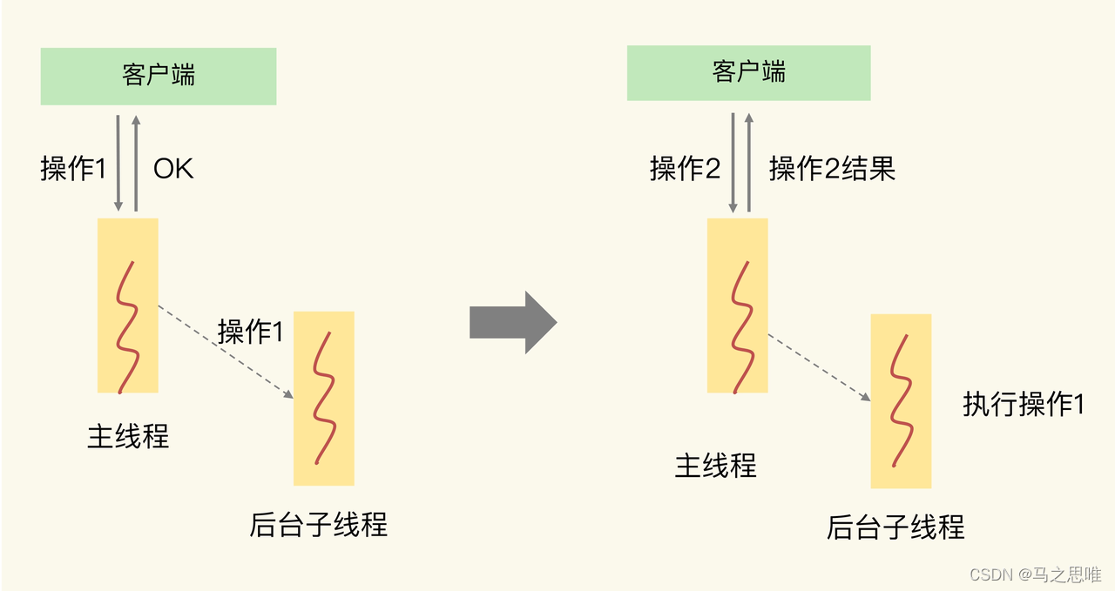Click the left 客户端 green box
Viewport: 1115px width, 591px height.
[x=159, y=77]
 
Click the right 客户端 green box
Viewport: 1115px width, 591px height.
[x=748, y=72]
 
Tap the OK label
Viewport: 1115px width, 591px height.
[x=173, y=168]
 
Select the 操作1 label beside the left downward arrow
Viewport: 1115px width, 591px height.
[x=73, y=168]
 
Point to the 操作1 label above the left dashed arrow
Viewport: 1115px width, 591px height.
[x=250, y=331]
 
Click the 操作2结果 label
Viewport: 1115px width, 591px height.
[x=832, y=168]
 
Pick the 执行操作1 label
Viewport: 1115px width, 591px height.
[x=1024, y=404]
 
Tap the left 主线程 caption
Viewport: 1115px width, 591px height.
[x=128, y=436]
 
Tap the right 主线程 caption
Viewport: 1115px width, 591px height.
[x=716, y=466]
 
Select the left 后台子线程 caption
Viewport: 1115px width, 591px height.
[x=318, y=525]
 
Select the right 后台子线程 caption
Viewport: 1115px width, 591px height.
[x=895, y=527]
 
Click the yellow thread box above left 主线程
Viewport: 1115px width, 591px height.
[x=128, y=305]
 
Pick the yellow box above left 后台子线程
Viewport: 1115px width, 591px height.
[x=324, y=398]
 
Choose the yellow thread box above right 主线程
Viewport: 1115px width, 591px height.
[x=738, y=305]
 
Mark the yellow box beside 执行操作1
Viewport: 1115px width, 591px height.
[x=901, y=401]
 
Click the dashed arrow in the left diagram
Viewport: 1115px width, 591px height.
[x=225, y=352]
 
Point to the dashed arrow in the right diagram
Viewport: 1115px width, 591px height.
[x=819, y=367]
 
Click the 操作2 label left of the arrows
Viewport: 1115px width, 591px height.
[x=686, y=168]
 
